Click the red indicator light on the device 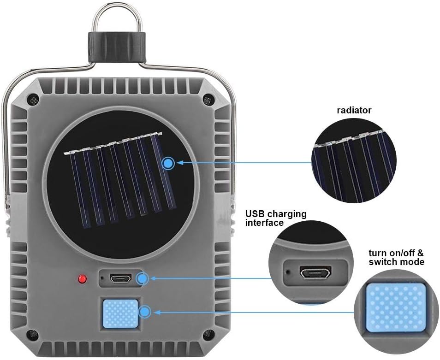pos(83,279)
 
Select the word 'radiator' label pos(354,110)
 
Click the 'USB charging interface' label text pos(275,218)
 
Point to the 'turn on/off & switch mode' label pos(396,258)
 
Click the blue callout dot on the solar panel pos(168,163)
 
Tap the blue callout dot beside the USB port pos(143,278)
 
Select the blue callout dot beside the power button pos(145,312)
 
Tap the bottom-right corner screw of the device pos(208,333)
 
